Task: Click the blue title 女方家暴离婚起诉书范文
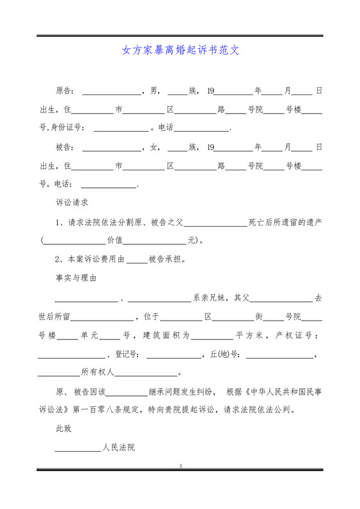[180, 49]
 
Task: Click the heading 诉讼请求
[72, 202]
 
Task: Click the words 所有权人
[97, 372]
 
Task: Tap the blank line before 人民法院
[78, 448]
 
